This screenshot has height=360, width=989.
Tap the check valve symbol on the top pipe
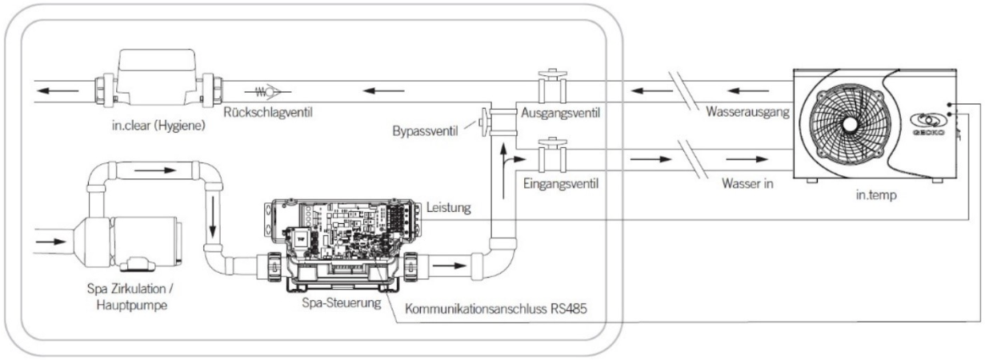point(269,92)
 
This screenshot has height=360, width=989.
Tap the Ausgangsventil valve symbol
point(550,86)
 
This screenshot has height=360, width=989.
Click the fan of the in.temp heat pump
point(849,126)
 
